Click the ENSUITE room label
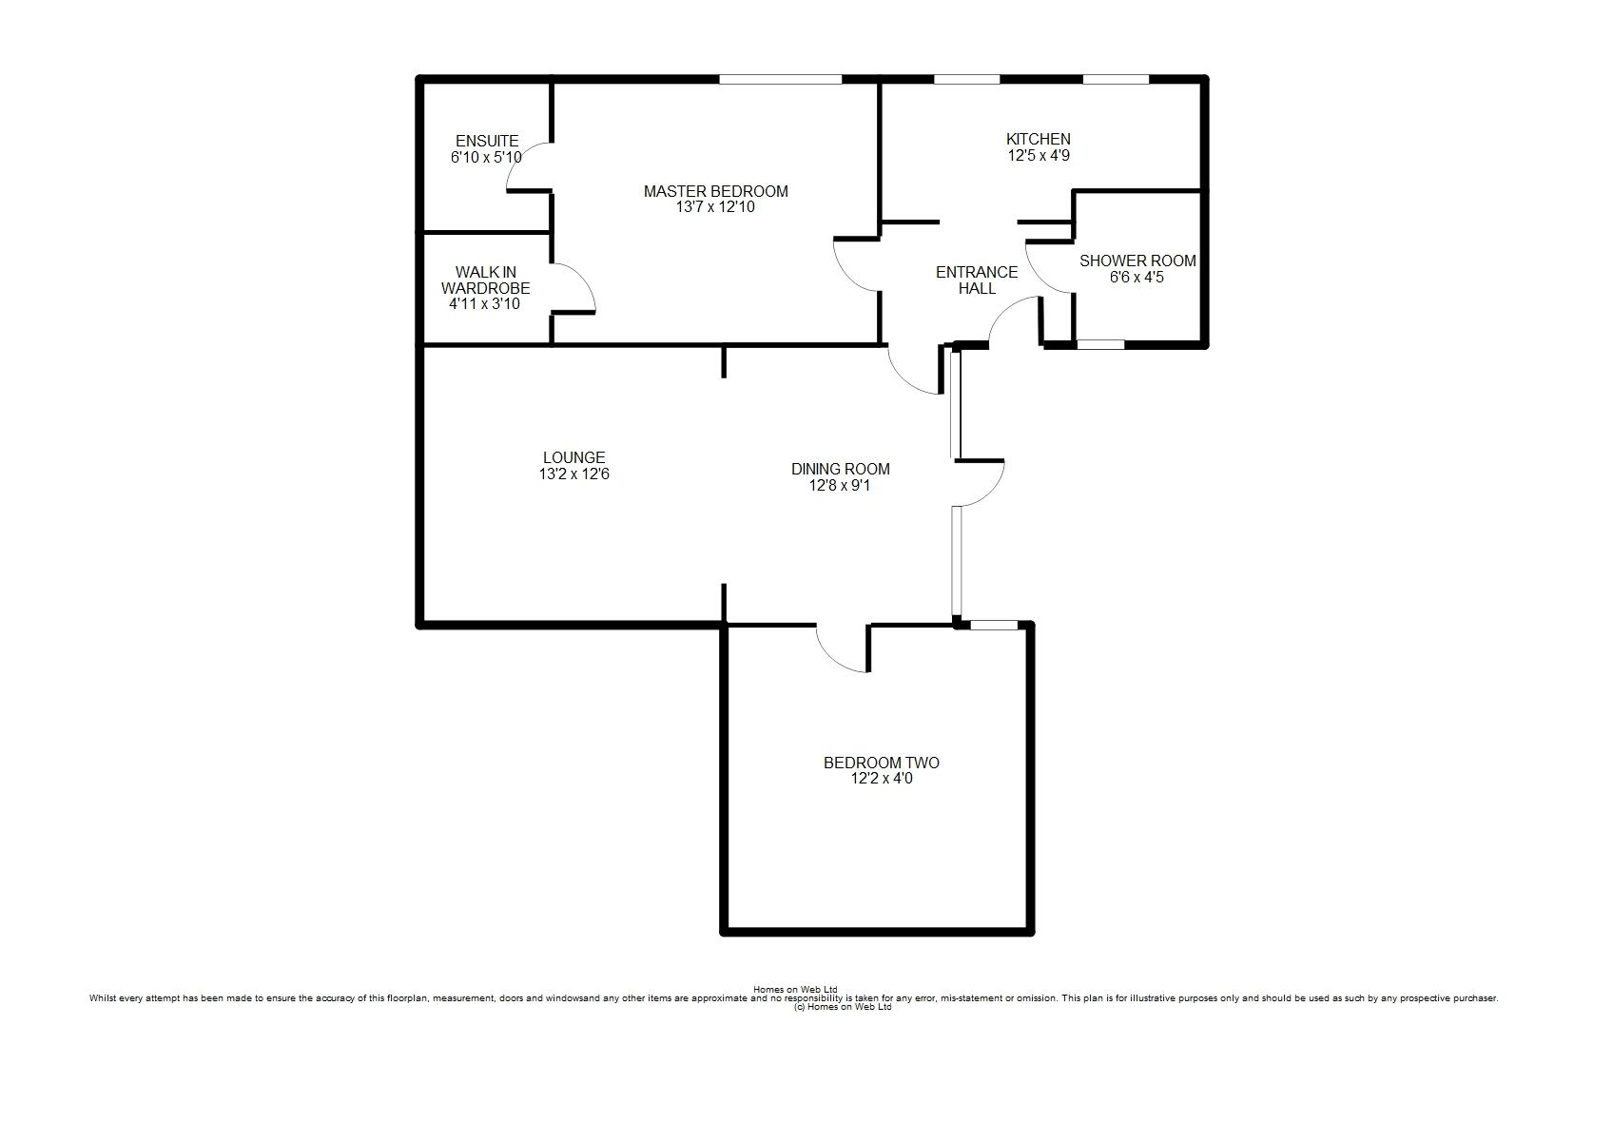pyautogui.click(x=487, y=141)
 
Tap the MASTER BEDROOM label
pyautogui.click(x=716, y=191)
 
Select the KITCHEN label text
pyautogui.click(x=1039, y=139)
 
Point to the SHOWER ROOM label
pyautogui.click(x=1137, y=261)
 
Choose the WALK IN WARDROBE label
pyautogui.click(x=486, y=280)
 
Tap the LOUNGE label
pyautogui.click(x=573, y=458)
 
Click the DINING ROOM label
pyautogui.click(x=841, y=470)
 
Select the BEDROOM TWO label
pyautogui.click(x=882, y=763)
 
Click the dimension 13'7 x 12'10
pyautogui.click(x=716, y=207)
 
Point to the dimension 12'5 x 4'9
pyautogui.click(x=1039, y=156)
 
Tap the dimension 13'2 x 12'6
pyautogui.click(x=573, y=474)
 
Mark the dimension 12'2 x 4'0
pyautogui.click(x=882, y=779)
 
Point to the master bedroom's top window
pyautogui.click(x=781, y=79)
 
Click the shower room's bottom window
pyautogui.click(x=1100, y=345)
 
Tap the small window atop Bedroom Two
pyautogui.click(x=994, y=626)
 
